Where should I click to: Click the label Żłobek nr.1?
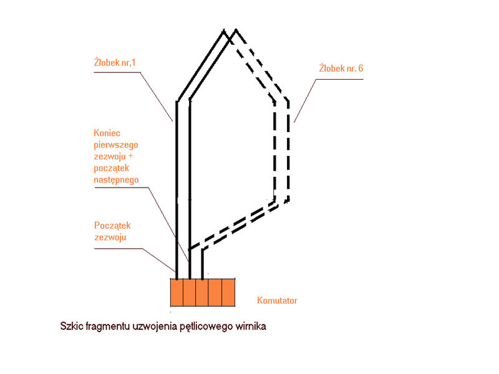point(115,62)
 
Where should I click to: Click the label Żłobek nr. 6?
point(341,68)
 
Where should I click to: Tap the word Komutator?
point(277,300)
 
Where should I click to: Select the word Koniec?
point(107,133)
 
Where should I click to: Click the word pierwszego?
point(116,145)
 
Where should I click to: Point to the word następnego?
point(116,180)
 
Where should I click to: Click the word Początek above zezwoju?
point(112,226)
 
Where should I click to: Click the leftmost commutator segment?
point(177,292)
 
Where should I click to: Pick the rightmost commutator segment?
point(228,292)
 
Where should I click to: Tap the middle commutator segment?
point(202,292)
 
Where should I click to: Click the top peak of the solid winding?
point(223,30)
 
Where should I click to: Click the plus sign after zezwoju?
point(130,156)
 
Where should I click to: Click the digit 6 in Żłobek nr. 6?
point(361,68)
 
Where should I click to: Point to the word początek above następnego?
point(112,168)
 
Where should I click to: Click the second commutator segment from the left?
point(190,292)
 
